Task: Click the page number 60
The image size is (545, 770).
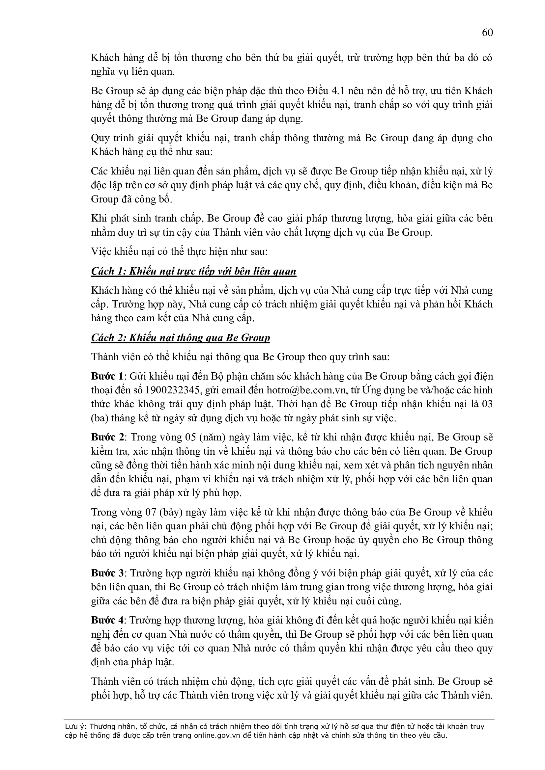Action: click(x=487, y=33)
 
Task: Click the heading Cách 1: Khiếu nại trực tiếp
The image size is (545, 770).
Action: click(x=194, y=271)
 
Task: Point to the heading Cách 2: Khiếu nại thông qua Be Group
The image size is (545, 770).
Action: click(x=180, y=338)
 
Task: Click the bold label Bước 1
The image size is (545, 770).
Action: click(x=107, y=376)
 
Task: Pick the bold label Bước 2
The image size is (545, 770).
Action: click(x=108, y=437)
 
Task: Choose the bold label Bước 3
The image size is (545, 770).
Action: click(x=107, y=573)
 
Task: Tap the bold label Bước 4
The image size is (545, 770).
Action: click(x=107, y=621)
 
